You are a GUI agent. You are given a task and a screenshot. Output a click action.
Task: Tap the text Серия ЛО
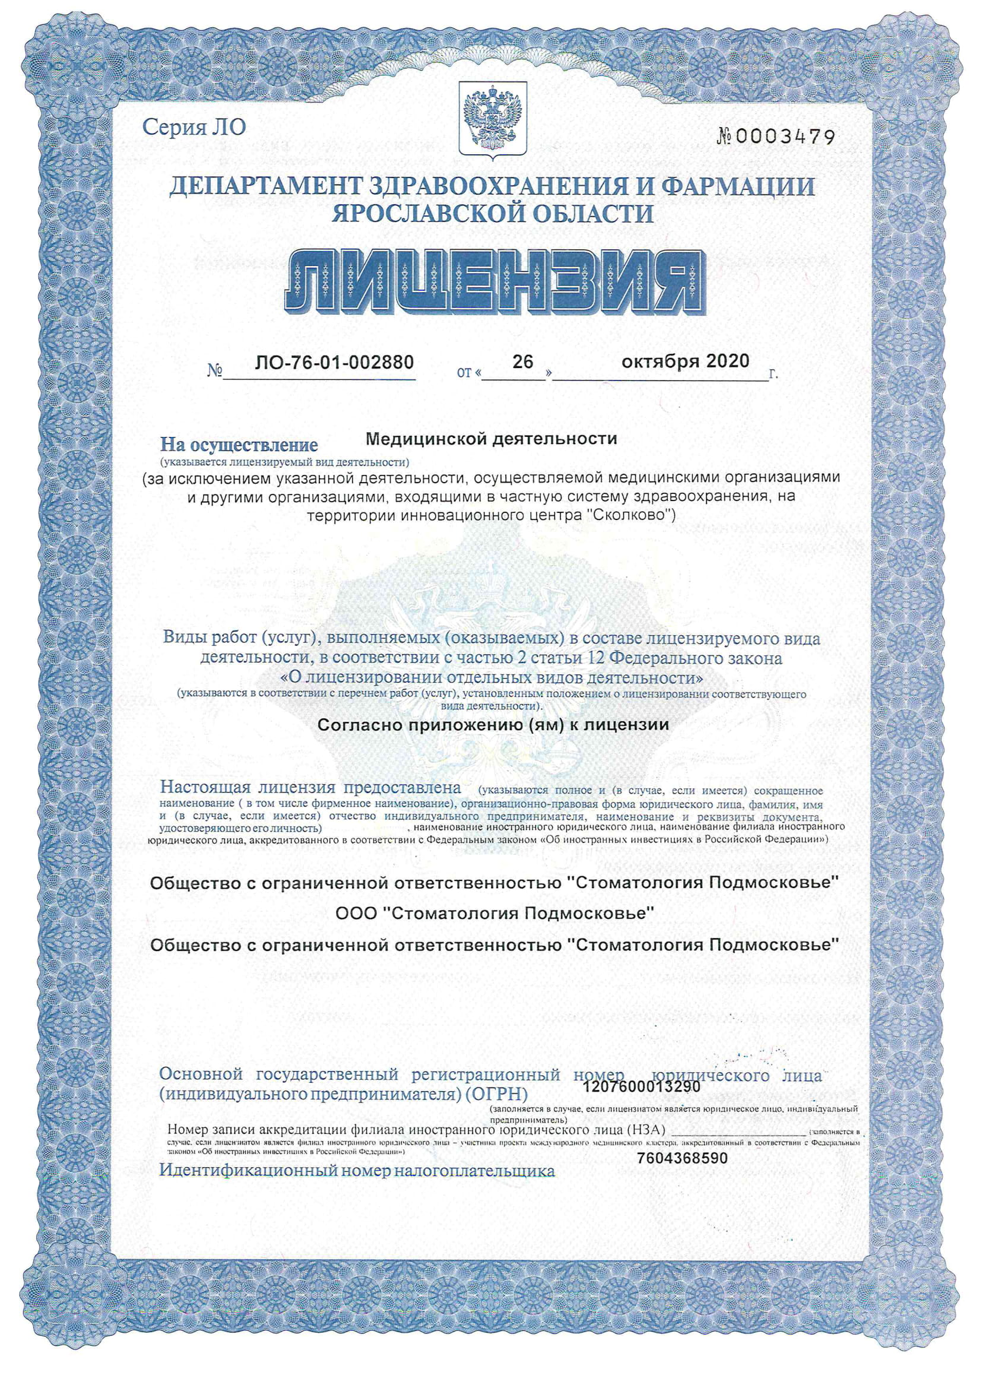[194, 127]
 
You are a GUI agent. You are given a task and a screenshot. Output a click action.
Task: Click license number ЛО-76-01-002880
[334, 362]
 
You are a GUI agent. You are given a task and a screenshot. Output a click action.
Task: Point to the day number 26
[522, 362]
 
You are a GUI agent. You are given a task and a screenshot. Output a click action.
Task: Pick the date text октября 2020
[685, 362]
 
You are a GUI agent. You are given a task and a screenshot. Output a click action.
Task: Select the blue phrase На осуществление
[239, 445]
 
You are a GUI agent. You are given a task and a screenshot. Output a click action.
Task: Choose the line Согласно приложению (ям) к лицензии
[493, 724]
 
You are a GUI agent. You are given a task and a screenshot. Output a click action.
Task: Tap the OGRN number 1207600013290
[642, 1086]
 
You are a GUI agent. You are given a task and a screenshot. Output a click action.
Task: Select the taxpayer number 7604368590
[682, 1158]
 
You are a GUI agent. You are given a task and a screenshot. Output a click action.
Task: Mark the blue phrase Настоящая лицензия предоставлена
[310, 788]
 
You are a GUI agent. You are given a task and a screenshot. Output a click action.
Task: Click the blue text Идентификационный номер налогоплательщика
[357, 1170]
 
